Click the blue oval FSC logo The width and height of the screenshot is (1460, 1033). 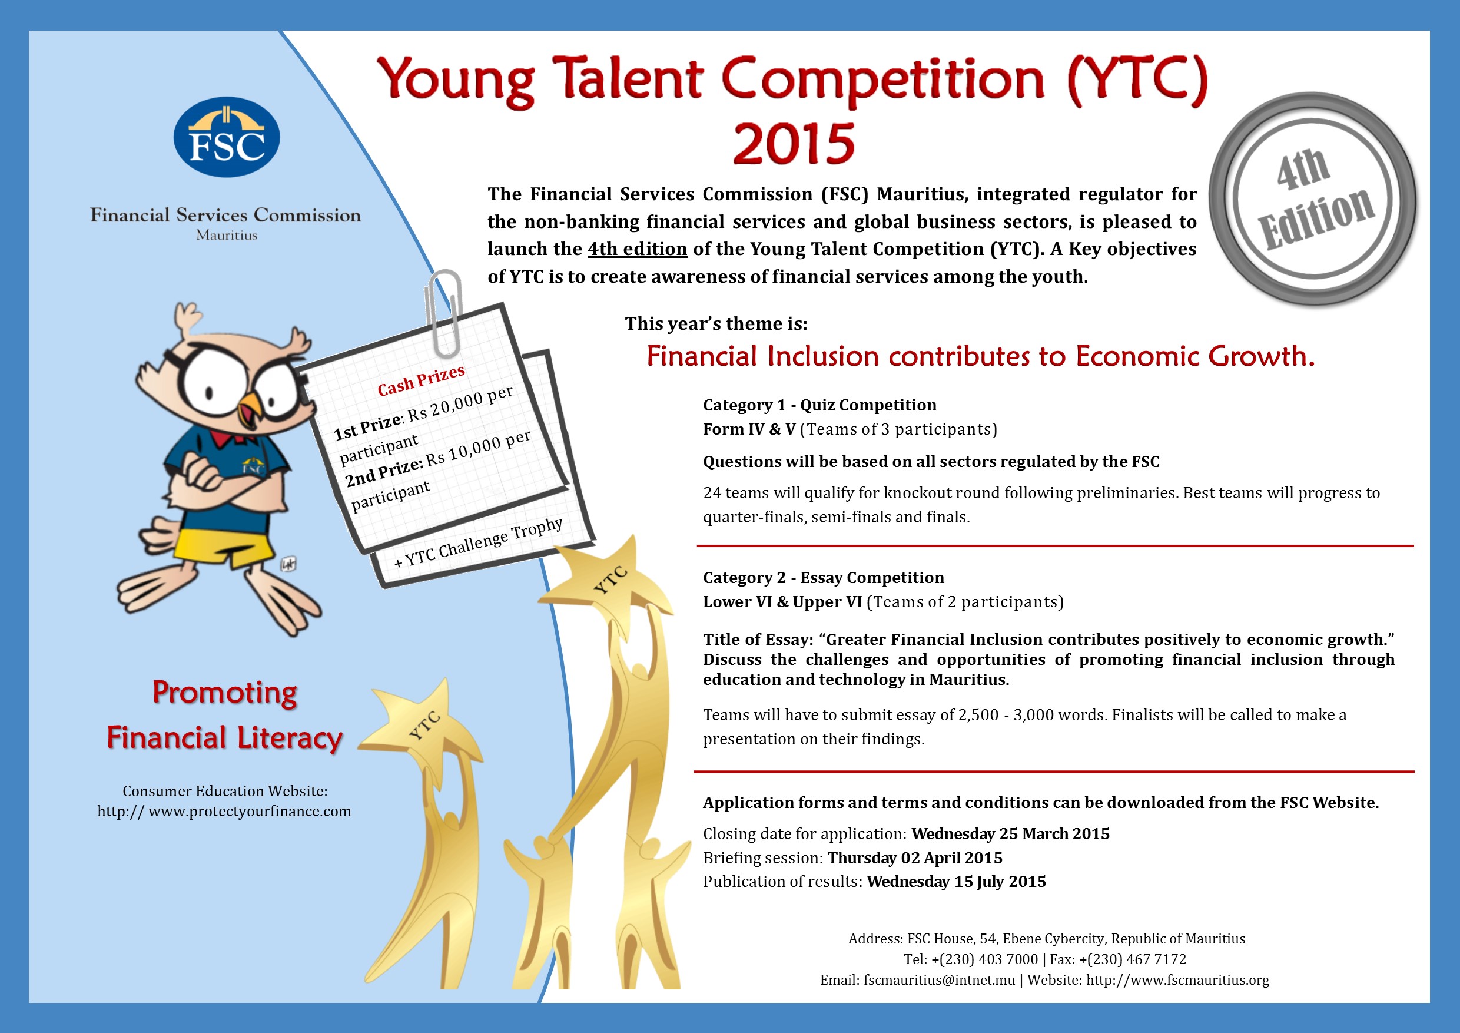point(227,137)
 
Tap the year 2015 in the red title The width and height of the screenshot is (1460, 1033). point(794,143)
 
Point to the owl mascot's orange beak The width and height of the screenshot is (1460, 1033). point(251,412)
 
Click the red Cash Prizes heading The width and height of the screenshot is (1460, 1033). point(421,380)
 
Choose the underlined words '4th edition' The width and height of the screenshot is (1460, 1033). point(637,249)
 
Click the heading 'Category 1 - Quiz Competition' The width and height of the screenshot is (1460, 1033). point(819,405)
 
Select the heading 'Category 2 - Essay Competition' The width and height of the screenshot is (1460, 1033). point(824,578)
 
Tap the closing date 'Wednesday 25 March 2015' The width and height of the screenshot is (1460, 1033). point(1010,834)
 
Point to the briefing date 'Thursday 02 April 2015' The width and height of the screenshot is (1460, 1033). point(915,858)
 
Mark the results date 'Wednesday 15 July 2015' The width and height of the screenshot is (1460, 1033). point(957,882)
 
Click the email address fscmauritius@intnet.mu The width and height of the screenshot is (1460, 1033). point(939,980)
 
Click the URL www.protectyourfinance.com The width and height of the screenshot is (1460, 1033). point(250,811)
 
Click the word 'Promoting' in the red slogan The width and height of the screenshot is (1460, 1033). point(224,693)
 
